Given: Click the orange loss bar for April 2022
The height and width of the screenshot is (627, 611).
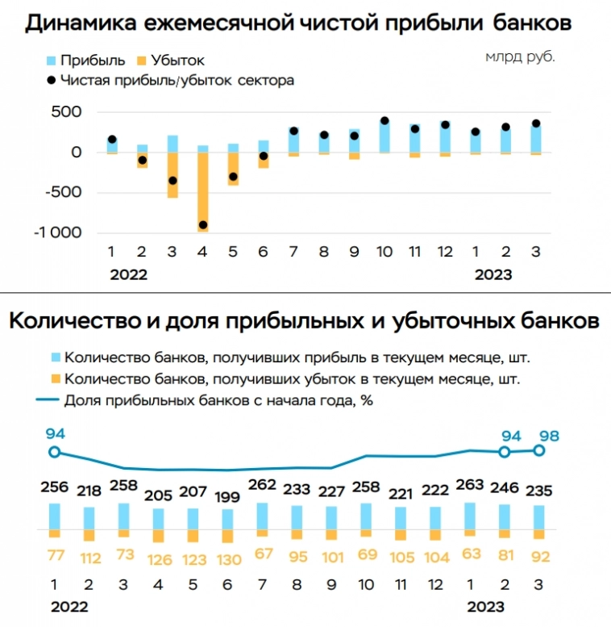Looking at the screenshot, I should pyautogui.click(x=203, y=192).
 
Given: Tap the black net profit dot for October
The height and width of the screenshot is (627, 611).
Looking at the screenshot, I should pyautogui.click(x=384, y=121).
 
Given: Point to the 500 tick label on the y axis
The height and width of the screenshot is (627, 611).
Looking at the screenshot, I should pyautogui.click(x=67, y=111).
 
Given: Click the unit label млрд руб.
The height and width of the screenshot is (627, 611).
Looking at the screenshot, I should pyautogui.click(x=520, y=57).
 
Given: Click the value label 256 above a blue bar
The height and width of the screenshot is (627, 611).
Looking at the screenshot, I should pyautogui.click(x=54, y=489).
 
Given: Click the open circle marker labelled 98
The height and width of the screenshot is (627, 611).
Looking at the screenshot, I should pyautogui.click(x=539, y=450).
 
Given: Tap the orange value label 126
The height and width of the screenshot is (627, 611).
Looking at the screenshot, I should pyautogui.click(x=158, y=558).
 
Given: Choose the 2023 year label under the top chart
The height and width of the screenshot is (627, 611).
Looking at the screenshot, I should pyautogui.click(x=493, y=274).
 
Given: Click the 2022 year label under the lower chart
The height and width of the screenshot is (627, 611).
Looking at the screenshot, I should pyautogui.click(x=69, y=607).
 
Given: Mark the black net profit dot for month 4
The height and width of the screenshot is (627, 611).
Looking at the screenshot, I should pyautogui.click(x=203, y=225).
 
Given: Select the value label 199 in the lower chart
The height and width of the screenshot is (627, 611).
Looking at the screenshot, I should pyautogui.click(x=227, y=495).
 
